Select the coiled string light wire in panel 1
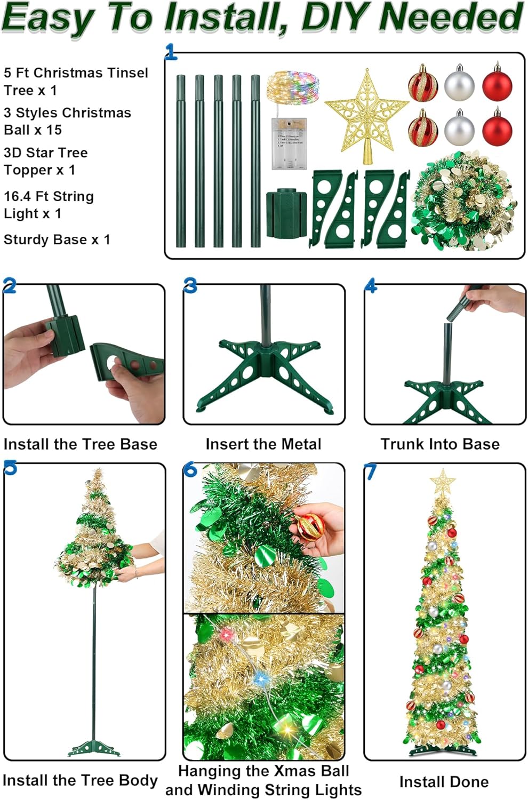coord(293,89)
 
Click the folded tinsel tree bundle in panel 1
coord(463,202)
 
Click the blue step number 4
coord(371,286)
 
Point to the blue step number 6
coord(190,470)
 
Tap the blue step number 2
coord(9,286)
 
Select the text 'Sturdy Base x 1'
coord(57,239)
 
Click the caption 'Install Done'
coord(444,782)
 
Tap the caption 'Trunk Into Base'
coord(440,444)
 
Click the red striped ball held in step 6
coord(311,527)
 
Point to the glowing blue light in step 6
coord(261,679)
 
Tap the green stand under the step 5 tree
coord(93,748)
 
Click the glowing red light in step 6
coord(227,635)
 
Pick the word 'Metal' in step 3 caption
coord(300,444)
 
